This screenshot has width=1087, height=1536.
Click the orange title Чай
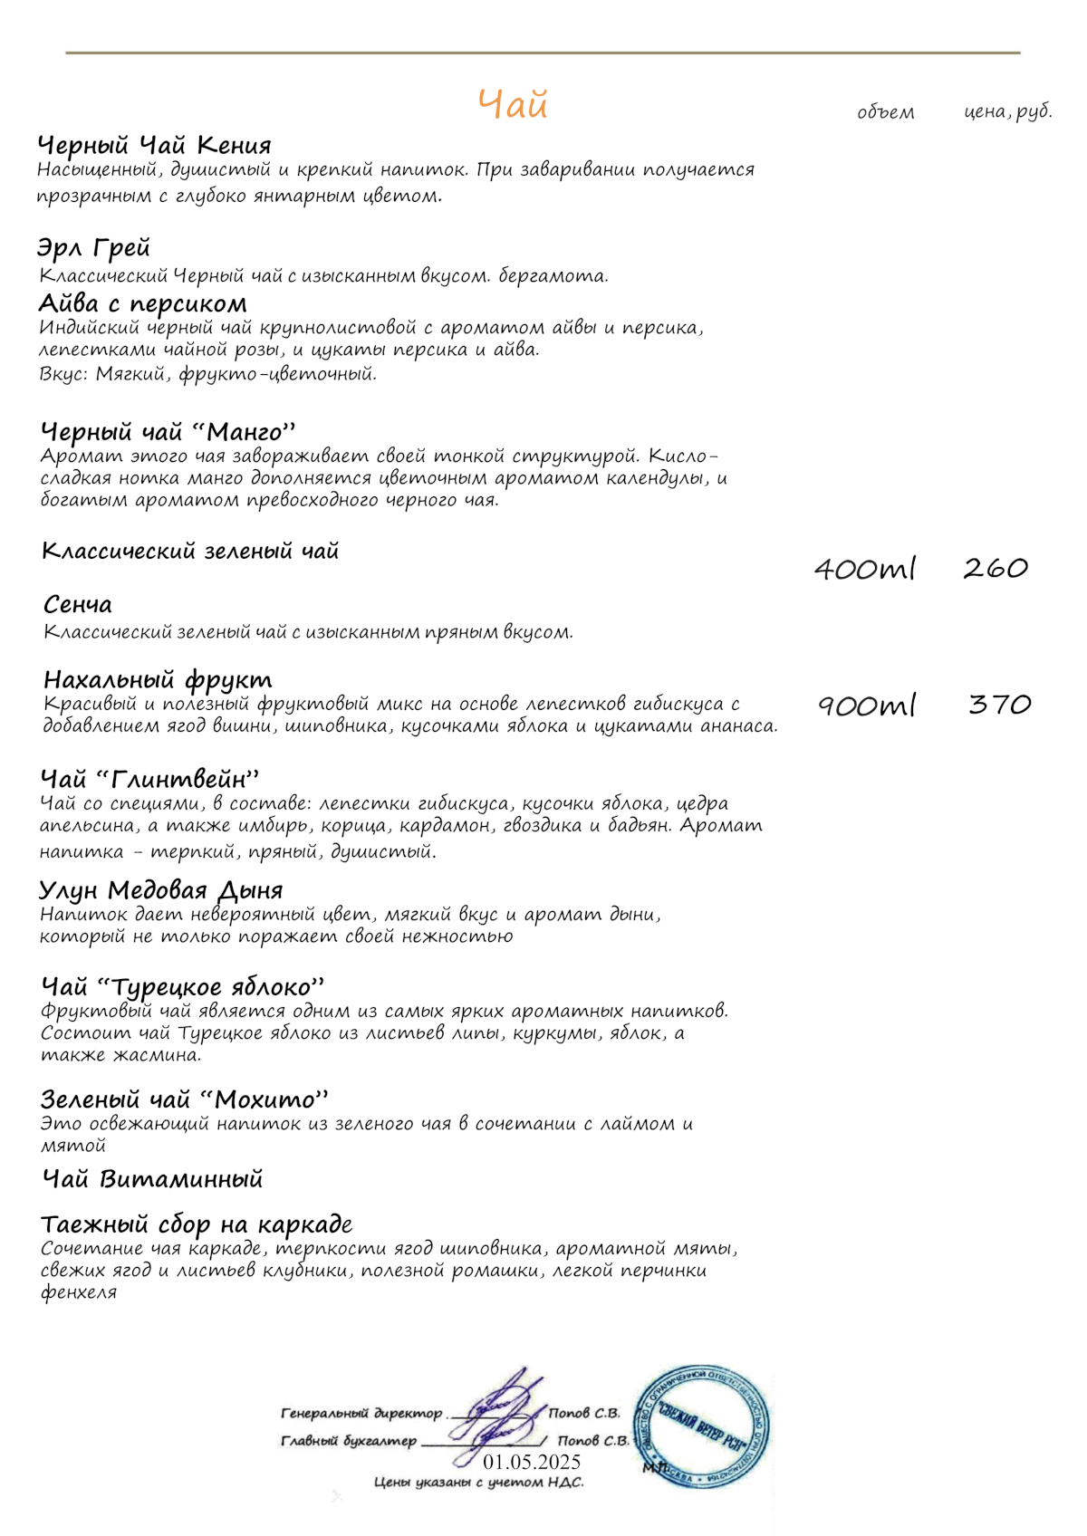click(513, 105)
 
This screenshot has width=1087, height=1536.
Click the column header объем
click(885, 113)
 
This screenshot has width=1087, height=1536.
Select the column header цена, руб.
click(1007, 112)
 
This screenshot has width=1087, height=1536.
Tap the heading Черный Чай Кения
click(154, 146)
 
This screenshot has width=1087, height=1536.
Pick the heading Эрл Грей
click(93, 248)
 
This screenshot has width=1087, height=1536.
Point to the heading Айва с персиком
click(142, 303)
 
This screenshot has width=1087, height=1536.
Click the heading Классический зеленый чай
click(190, 551)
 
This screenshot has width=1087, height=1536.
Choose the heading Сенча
click(78, 605)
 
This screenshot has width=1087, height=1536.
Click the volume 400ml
click(865, 569)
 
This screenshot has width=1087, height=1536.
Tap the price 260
click(996, 569)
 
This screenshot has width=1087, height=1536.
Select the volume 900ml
click(867, 705)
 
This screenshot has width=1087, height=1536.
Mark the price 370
click(999, 705)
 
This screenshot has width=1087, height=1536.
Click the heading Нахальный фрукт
click(158, 680)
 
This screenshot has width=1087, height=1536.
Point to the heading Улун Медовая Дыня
click(161, 890)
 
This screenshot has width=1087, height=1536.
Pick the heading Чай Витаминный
click(153, 1179)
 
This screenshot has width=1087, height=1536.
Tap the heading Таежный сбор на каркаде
click(197, 1225)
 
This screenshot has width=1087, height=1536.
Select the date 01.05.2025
click(532, 1463)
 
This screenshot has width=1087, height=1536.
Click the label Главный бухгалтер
click(349, 1441)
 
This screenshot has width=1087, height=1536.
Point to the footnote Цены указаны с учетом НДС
click(478, 1483)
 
